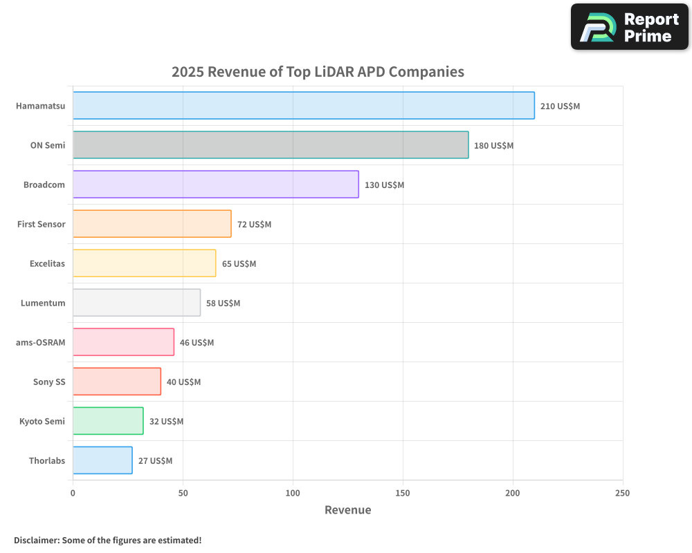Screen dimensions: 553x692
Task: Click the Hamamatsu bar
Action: pos(303,106)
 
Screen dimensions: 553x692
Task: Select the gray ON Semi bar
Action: pos(270,145)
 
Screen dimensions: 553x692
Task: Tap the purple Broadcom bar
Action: pos(215,185)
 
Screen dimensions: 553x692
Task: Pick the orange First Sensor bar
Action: pos(152,224)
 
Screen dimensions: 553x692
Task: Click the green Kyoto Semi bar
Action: pos(108,421)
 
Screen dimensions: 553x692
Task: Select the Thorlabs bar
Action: pos(102,460)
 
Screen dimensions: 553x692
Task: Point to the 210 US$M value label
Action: pos(560,106)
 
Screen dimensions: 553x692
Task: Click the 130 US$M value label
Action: pos(384,185)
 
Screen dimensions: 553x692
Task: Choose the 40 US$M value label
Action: pos(183,382)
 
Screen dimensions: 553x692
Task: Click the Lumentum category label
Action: pos(43,303)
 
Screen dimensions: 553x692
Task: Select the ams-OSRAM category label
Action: pos(40,342)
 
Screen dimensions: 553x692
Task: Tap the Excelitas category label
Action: pos(47,263)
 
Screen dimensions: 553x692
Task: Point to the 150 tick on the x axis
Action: pos(403,493)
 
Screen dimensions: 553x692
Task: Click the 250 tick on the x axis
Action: pos(622,493)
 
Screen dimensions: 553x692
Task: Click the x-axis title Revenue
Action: pos(347,510)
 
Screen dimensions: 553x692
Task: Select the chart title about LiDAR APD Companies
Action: pos(318,72)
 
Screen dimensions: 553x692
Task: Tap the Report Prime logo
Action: pos(629,27)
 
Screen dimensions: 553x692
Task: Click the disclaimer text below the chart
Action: pos(107,540)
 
